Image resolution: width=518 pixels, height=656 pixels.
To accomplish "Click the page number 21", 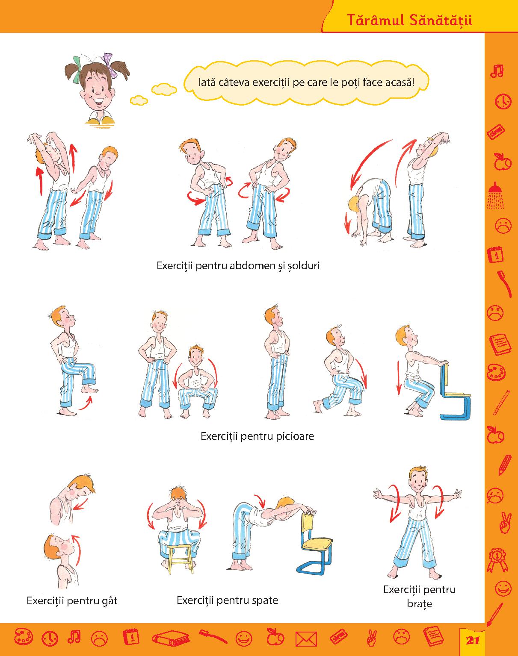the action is [x=473, y=641].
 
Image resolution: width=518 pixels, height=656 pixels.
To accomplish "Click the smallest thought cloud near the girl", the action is [x=139, y=100].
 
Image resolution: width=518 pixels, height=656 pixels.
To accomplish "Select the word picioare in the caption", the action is [x=295, y=436].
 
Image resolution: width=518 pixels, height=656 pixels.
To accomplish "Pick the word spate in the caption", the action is [x=265, y=600].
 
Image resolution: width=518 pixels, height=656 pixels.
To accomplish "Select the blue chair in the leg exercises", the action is [x=456, y=396].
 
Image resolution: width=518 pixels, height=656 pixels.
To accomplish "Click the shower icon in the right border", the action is [x=496, y=196].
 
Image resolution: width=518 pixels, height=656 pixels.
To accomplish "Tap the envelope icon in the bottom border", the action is [x=306, y=639].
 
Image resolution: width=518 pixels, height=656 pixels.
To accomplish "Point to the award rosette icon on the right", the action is [x=497, y=560].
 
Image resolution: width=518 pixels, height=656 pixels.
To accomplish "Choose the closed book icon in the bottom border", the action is [x=171, y=638].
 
